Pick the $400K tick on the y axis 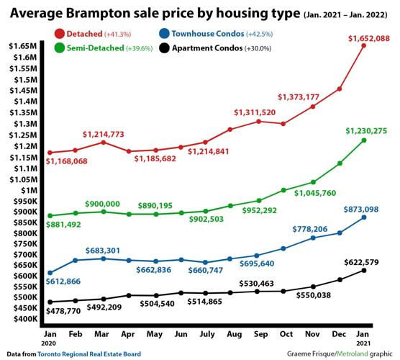[22, 318]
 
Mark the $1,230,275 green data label [365, 130]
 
